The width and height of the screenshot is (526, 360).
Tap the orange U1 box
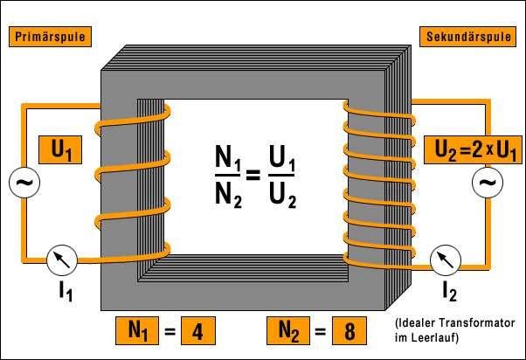(61, 151)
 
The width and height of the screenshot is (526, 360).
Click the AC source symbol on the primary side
(20, 183)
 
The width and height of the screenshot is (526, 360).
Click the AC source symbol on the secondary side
(485, 183)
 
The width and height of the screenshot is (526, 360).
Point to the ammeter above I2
(446, 259)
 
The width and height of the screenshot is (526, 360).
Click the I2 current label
(448, 291)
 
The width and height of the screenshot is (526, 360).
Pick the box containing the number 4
(196, 332)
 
